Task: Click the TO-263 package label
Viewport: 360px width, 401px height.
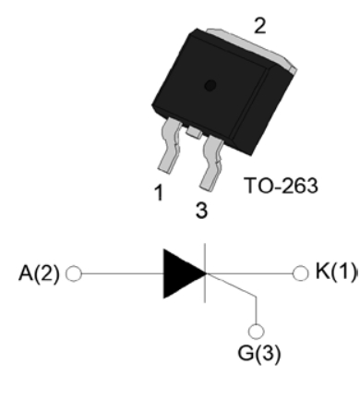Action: click(x=281, y=186)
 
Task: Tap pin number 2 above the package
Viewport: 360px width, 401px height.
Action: click(x=260, y=26)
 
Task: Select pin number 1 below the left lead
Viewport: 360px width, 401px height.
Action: click(x=159, y=193)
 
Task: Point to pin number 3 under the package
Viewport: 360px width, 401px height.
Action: click(x=201, y=211)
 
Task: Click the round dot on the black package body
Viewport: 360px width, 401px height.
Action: click(x=210, y=85)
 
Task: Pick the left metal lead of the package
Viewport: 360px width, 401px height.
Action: click(x=170, y=145)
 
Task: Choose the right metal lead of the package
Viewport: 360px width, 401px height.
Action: click(x=211, y=163)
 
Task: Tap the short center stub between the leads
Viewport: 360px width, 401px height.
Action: click(x=194, y=132)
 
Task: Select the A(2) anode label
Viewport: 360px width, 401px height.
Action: click(x=39, y=273)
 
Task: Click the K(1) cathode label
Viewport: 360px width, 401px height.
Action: click(x=336, y=271)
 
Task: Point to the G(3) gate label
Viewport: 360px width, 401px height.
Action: click(x=259, y=353)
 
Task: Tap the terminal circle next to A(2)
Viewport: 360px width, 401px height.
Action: click(x=74, y=273)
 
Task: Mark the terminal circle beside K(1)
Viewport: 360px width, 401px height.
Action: click(x=300, y=273)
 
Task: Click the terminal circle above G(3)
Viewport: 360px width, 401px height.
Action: click(x=256, y=332)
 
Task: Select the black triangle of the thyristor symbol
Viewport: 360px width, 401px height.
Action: click(x=185, y=273)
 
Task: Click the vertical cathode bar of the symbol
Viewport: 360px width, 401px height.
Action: click(x=205, y=273)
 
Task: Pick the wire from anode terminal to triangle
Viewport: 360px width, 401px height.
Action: click(x=123, y=273)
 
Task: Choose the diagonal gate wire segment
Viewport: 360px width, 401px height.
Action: click(x=232, y=286)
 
